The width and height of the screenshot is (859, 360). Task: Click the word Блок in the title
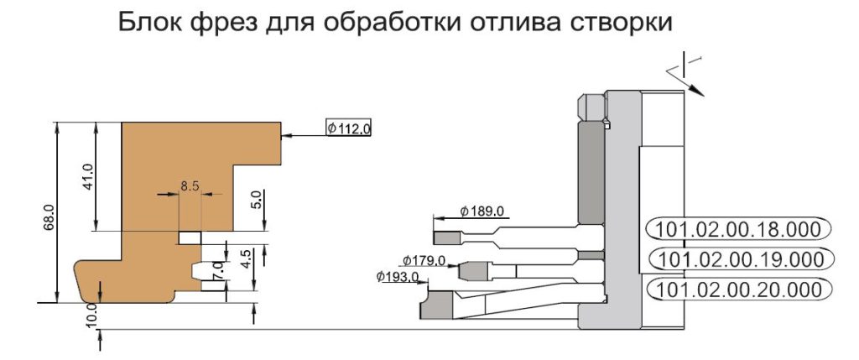[150, 24]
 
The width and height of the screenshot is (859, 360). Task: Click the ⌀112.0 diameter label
[348, 128]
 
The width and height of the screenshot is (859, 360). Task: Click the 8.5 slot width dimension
[190, 186]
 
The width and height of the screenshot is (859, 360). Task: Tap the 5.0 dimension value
[259, 200]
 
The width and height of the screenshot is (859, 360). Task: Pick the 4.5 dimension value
[246, 258]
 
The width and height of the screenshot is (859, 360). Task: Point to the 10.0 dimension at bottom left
[92, 315]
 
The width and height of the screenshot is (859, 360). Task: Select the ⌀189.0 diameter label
[482, 211]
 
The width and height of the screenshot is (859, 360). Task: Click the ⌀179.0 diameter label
[424, 260]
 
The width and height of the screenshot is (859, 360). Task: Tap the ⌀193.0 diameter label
[398, 277]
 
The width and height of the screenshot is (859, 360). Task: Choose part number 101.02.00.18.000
[738, 229]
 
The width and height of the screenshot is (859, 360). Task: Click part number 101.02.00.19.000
[740, 258]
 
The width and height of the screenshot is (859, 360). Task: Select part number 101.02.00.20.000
[738, 289]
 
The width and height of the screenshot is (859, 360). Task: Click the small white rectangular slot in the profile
[190, 237]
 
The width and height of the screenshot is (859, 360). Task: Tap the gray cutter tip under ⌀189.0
[447, 238]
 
